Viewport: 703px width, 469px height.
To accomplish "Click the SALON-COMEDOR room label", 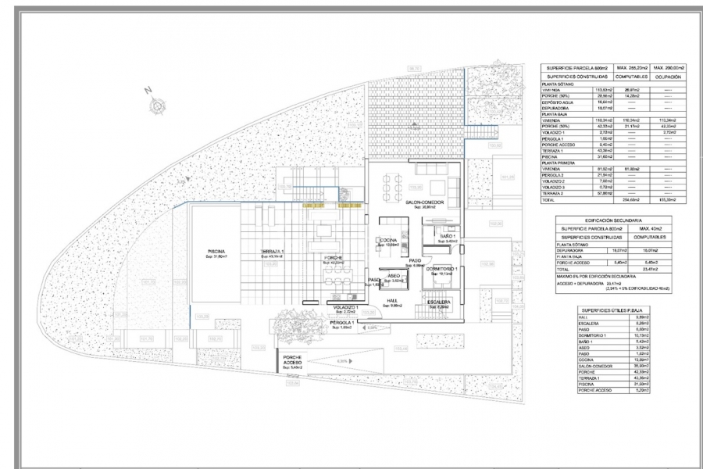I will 424,202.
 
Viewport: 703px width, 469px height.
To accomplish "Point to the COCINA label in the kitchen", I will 389,242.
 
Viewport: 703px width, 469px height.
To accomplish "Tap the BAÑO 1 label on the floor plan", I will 448,236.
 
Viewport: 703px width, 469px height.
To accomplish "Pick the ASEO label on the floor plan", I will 394,275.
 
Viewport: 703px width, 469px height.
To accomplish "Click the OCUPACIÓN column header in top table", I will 673,78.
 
